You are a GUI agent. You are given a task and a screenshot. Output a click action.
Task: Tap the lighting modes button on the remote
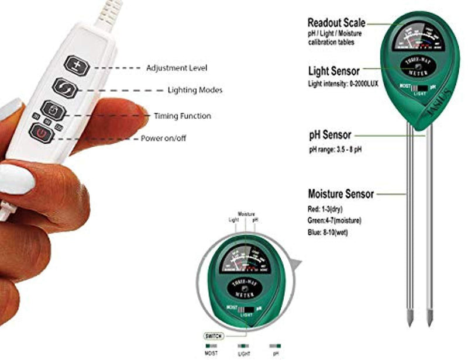(63, 88)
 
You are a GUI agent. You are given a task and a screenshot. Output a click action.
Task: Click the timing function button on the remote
(52, 110)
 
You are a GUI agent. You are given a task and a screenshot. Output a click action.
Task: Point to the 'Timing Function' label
(183, 116)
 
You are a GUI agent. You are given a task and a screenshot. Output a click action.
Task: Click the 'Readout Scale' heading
(336, 23)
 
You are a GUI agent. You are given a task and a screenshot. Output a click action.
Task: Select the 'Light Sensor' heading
(333, 71)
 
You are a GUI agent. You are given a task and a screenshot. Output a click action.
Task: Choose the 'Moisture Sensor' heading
(340, 193)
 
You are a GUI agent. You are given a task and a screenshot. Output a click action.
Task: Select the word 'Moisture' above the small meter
(246, 214)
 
